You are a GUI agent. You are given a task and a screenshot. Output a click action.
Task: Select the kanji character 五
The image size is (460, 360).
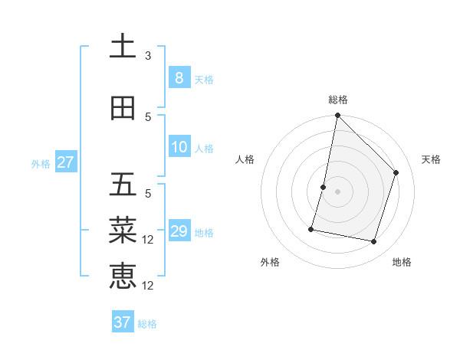coord(123,185)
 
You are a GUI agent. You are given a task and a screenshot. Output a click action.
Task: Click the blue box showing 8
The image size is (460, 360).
coord(179,78)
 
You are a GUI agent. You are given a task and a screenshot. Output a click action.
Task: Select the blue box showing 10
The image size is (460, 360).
coord(179,147)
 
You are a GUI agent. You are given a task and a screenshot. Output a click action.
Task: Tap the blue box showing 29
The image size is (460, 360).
coord(179,231)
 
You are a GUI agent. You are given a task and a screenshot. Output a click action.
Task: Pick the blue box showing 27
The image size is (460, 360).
coord(65,162)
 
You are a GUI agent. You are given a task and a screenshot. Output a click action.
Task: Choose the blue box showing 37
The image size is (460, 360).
coord(123,322)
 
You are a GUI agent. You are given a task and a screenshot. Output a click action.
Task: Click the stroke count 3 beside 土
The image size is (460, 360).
coord(148,56)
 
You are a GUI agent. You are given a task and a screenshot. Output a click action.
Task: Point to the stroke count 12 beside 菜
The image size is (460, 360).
coord(149,240)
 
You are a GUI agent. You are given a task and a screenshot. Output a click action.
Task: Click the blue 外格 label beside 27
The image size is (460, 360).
coord(41,163)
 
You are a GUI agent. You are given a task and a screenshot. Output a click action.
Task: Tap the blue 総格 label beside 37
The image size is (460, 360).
coord(147,324)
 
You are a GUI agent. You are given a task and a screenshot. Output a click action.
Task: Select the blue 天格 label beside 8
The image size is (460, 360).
coord(204,79)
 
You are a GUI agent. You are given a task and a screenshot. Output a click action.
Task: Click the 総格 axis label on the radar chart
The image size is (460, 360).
coord(337,100)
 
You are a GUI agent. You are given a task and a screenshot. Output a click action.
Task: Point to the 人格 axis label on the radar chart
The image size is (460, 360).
coord(245,159)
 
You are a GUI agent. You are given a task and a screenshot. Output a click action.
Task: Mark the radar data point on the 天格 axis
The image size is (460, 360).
coord(396,172)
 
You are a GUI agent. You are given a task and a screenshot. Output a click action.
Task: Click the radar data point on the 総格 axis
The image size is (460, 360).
coord(337,115)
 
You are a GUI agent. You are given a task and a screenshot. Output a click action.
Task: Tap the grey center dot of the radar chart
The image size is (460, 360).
coord(337,191)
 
